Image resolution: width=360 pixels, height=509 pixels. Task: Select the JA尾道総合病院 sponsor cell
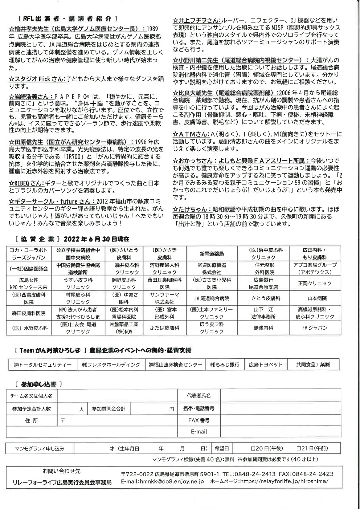(212, 298)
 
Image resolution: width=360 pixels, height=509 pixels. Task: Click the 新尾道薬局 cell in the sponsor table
(212, 253)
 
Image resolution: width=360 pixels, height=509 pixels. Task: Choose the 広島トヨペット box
(266, 365)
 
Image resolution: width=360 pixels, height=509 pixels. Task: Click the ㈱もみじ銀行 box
(225, 365)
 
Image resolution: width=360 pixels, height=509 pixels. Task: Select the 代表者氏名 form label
(199, 395)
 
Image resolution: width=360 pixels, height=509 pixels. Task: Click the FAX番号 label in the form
(199, 420)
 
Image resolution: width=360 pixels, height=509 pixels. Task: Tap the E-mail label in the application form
(199, 431)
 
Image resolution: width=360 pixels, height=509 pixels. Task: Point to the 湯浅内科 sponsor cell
(263, 327)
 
